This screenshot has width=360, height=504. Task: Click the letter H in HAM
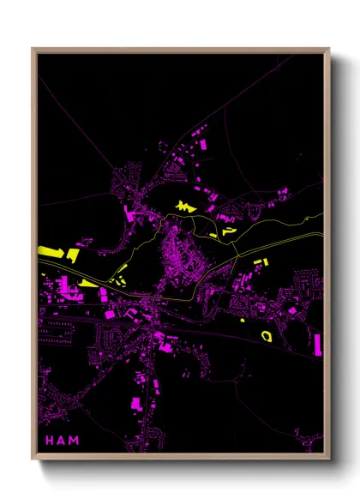[x=49, y=441]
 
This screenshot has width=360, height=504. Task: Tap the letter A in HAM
[x=62, y=441]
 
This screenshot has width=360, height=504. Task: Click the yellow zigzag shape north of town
[x=185, y=206]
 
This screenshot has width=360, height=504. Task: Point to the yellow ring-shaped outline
[x=266, y=334]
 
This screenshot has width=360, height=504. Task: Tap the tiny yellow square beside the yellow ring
[x=243, y=321]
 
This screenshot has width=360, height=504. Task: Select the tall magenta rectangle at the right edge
[x=319, y=344]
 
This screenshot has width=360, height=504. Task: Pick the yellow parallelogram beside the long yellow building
[x=74, y=255]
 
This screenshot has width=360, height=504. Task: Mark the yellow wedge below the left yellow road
[x=89, y=283]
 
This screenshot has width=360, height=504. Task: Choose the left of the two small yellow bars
[x=116, y=277]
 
